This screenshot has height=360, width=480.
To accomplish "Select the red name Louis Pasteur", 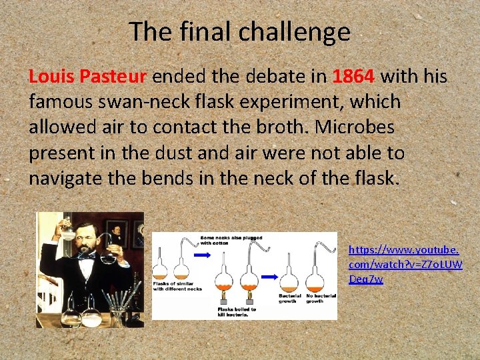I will click(x=87, y=77).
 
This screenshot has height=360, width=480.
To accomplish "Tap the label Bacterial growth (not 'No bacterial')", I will click(x=290, y=298).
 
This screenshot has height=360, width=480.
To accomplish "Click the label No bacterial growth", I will click(x=319, y=298).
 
